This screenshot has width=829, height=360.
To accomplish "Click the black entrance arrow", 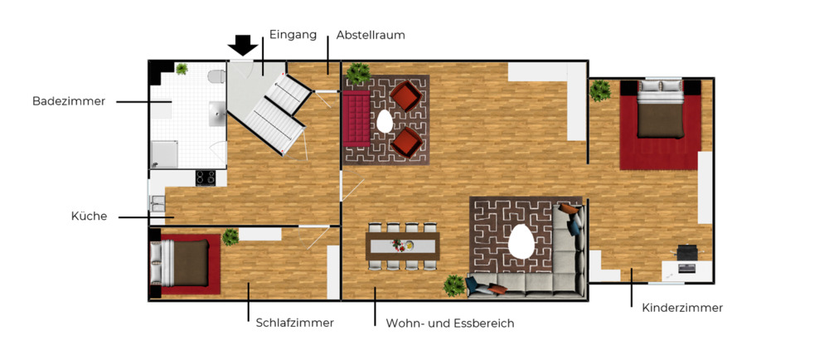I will pos(242,45).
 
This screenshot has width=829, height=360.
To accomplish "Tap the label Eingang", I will pos(293,35).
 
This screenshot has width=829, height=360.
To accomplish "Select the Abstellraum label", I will pos(370,36).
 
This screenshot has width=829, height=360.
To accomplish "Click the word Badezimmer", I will pos(69,101).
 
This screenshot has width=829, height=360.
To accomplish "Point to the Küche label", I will pos(89,216).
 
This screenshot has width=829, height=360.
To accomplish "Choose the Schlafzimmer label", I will pos(294,323).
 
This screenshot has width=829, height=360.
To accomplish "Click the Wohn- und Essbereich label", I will pos(450,323).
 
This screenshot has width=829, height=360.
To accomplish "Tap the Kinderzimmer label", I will pos(682,308).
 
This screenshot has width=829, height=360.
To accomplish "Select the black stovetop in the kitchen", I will pos(206,178).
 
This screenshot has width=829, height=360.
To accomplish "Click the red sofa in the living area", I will pos(356,117).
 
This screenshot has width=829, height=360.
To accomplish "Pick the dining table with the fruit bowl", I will pos(403,246).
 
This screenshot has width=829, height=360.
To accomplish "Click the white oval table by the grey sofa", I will pos(521,241).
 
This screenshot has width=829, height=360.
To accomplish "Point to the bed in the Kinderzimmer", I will pos(661,116).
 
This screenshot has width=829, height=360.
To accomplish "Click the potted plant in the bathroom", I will pos(182,70).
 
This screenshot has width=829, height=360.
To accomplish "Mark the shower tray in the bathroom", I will pos(164,154).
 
